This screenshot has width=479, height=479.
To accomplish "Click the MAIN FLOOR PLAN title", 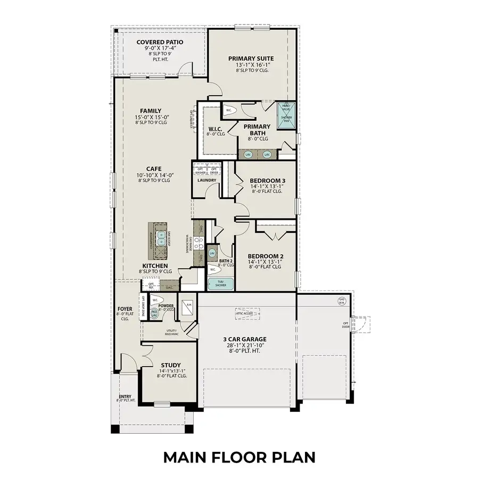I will tap(239, 457).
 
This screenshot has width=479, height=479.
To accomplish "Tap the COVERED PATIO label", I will tap(160, 42).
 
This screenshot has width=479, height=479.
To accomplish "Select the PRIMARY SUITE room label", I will tap(251, 59).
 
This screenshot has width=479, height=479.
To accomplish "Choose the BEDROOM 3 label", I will tap(267, 181).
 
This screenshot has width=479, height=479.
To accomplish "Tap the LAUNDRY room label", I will tap(207, 180).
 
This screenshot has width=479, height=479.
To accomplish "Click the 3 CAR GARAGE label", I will tap(245, 339).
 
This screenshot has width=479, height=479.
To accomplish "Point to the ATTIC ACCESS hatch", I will tap(247, 314).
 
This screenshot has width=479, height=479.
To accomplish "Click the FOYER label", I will tap(125, 309).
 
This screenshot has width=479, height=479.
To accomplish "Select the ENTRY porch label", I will tap(125, 397).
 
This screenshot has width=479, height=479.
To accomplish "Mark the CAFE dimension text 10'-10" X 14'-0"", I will tap(154, 175).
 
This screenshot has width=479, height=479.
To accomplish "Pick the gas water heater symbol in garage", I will tap(342, 301).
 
